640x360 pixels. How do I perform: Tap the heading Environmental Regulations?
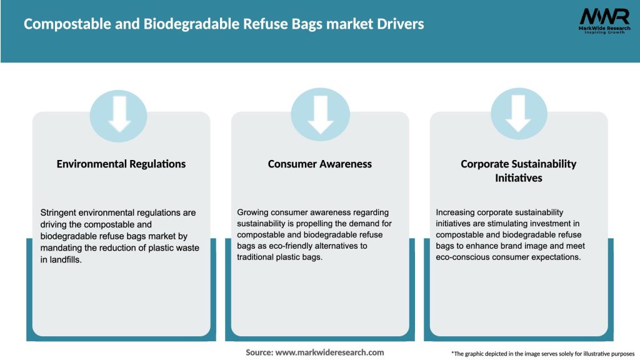tap(121, 164)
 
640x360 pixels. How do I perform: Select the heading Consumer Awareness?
tap(320, 164)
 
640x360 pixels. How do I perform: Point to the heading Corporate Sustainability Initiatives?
tap(518, 171)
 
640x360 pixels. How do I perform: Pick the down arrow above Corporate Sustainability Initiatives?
tap(519, 113)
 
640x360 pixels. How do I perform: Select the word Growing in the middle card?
tap(254, 212)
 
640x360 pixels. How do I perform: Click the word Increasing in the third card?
tap(456, 212)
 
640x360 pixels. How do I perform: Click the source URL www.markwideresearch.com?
tap(329, 352)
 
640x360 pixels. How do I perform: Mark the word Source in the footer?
tap(259, 352)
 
